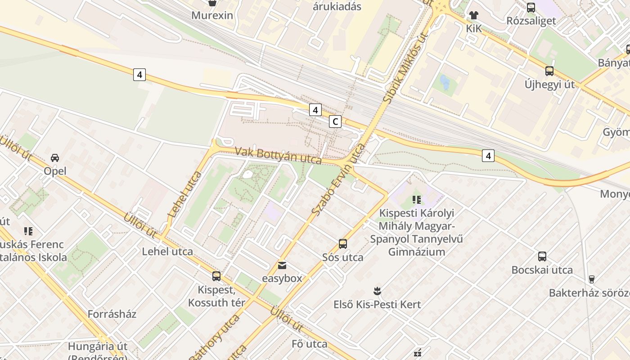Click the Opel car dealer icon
tap(55, 158)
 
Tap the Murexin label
tap(212, 15)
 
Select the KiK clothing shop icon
tap(473, 15)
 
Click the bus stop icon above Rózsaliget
tap(531, 7)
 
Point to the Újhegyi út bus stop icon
tap(549, 71)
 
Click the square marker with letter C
tap(335, 121)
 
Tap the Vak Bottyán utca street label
tap(278, 155)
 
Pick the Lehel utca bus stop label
tap(167, 252)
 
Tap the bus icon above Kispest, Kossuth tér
tap(216, 276)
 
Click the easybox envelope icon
tap(282, 265)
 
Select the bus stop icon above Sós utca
tap(343, 244)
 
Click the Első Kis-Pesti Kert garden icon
tap(377, 291)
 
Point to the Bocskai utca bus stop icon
tap(542, 256)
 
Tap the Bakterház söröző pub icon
tap(592, 279)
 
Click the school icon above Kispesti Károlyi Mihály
tap(416, 199)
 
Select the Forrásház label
tap(112, 314)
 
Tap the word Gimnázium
tap(416, 252)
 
